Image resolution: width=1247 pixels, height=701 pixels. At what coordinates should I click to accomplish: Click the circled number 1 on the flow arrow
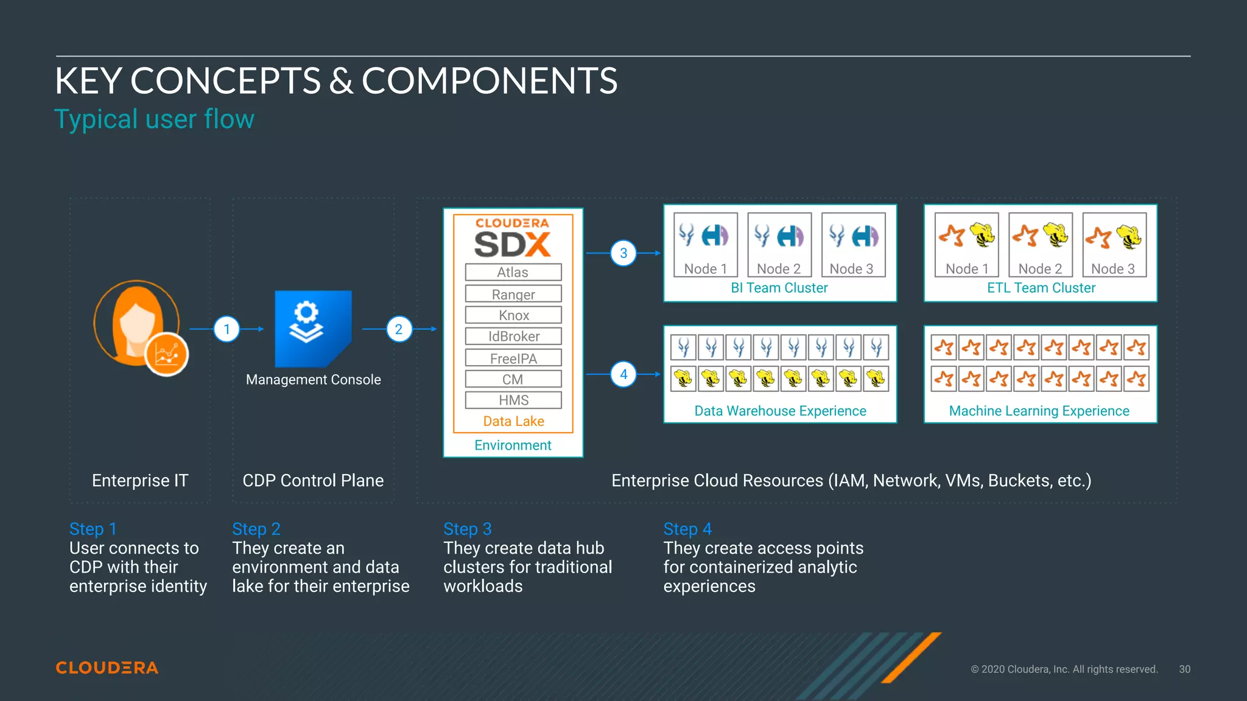pos(227,329)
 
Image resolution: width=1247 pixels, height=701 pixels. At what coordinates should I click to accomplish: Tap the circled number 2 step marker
pos(399,329)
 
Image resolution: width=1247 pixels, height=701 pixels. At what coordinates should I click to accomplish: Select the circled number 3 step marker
pos(623,253)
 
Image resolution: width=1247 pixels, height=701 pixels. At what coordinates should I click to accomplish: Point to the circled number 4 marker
pos(623,374)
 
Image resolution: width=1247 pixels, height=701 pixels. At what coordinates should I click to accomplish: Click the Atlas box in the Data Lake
pos(513,272)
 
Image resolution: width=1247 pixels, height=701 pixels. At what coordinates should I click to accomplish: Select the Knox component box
pos(513,315)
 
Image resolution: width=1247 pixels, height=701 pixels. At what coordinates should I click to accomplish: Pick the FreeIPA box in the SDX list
pos(513,358)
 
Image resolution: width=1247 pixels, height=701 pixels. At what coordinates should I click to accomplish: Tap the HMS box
pos(513,400)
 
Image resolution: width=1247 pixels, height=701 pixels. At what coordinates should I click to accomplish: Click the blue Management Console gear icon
pos(313,329)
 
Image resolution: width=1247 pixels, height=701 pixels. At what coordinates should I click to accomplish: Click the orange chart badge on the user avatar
pos(166,354)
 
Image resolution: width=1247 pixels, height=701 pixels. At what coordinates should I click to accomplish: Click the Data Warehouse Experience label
pos(780,411)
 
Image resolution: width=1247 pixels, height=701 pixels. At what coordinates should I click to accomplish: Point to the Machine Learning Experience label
pos(1039,411)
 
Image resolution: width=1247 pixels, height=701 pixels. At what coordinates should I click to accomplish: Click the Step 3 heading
pos(467,529)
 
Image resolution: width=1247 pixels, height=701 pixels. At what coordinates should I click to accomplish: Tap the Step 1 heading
pos(93,529)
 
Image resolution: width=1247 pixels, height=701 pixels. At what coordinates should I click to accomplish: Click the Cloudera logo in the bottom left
pos(107,668)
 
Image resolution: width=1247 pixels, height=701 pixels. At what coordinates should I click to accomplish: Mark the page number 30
pos(1184,669)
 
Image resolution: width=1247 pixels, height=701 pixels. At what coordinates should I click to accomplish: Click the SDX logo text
pos(513,245)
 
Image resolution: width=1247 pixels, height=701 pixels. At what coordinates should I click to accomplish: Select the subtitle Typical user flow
pos(154,119)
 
